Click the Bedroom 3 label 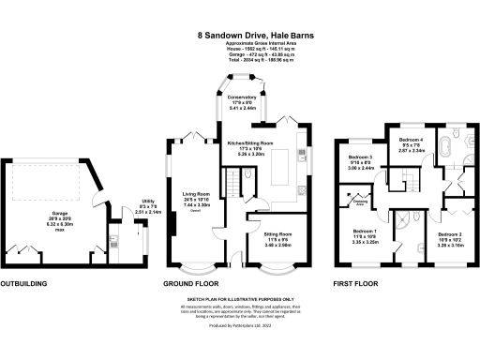[x=361, y=161]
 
